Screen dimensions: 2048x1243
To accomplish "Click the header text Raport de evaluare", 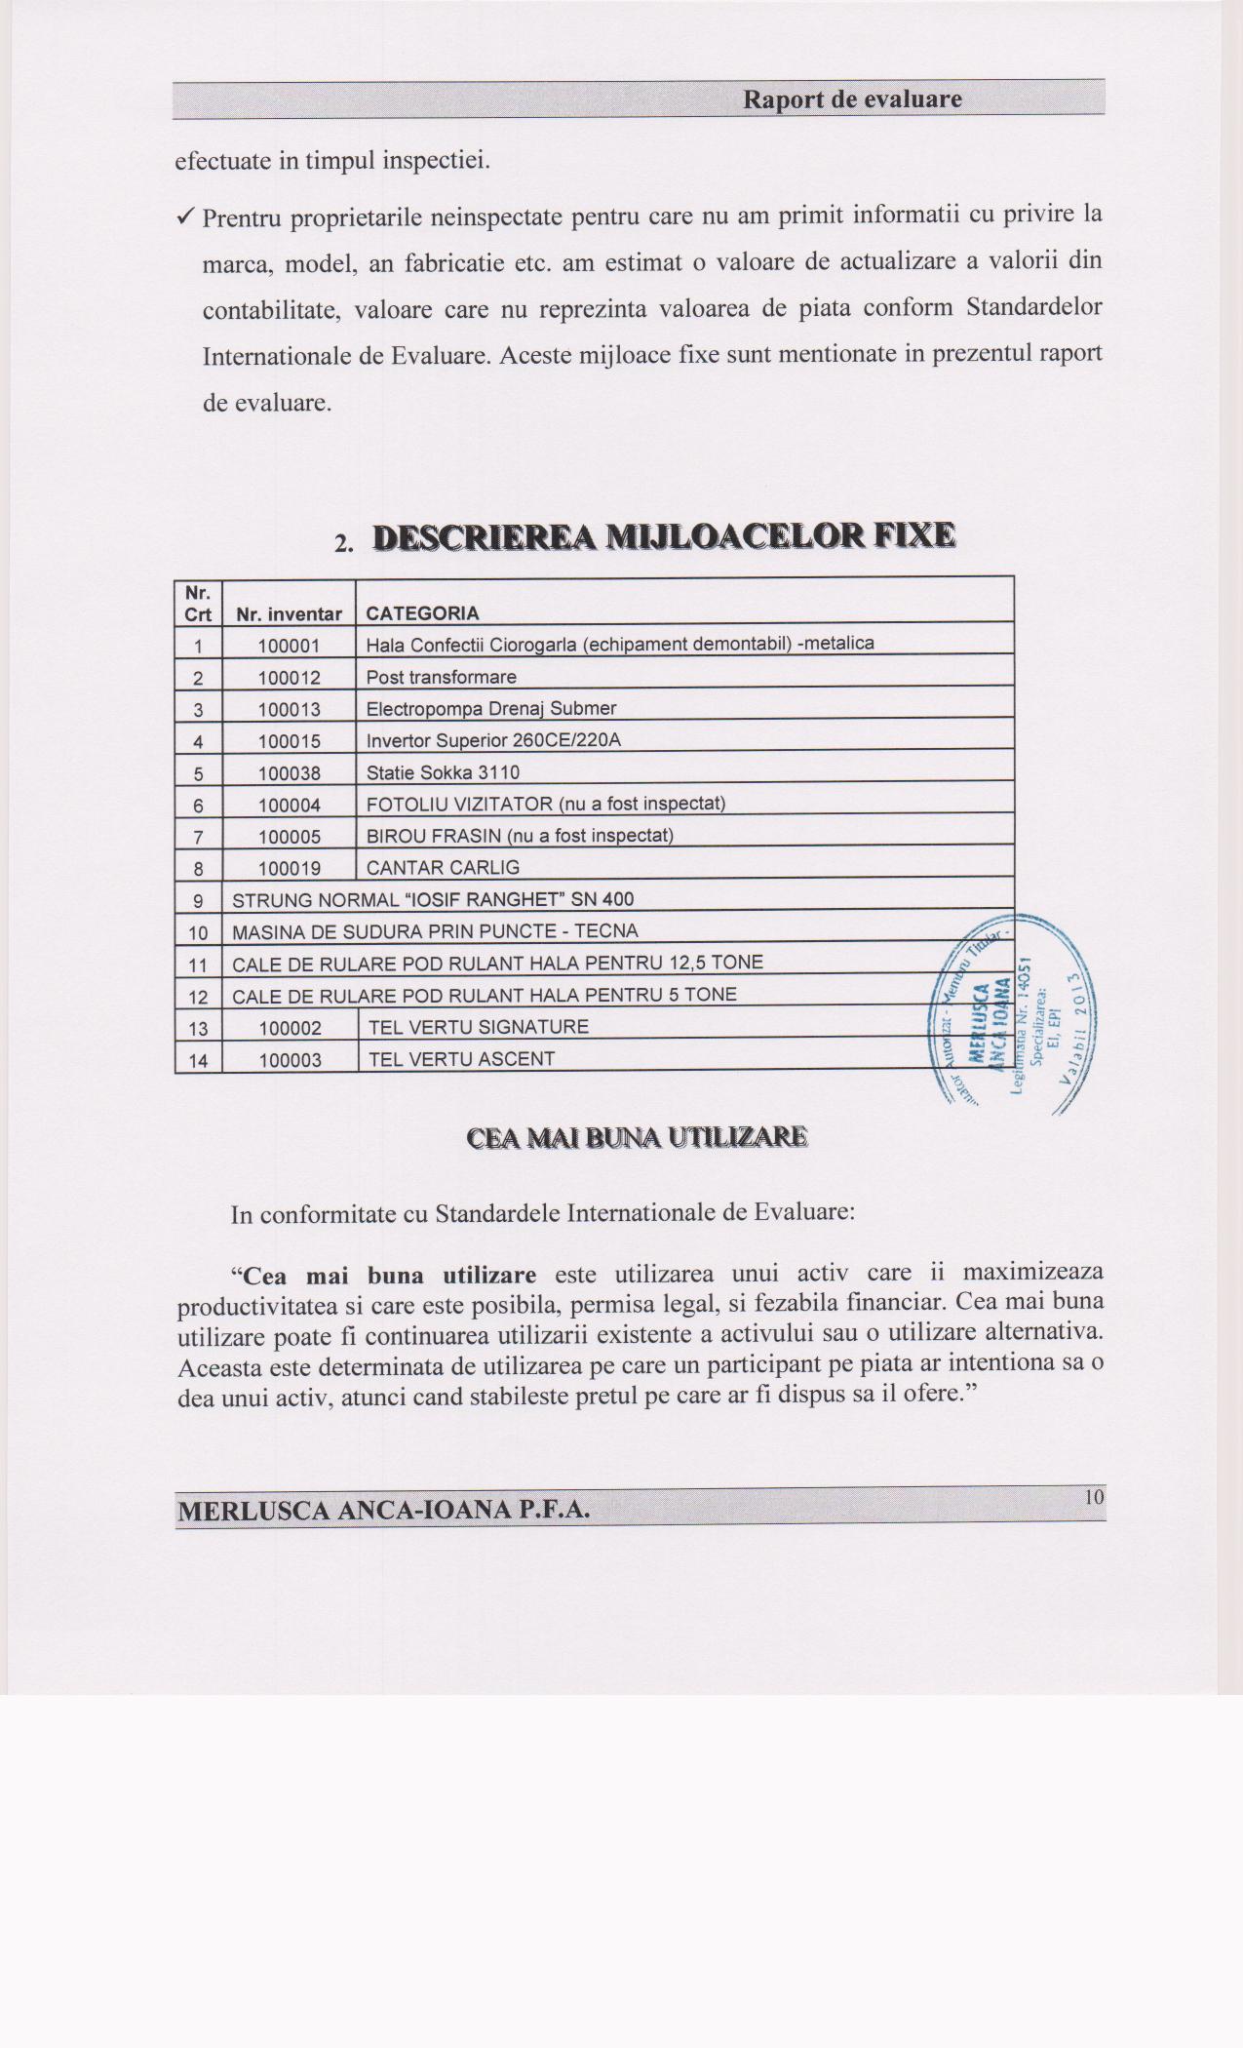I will [x=852, y=99].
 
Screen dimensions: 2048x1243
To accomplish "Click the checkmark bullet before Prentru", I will [x=186, y=217].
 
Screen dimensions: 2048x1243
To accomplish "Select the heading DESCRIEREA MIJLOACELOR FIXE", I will [x=664, y=537].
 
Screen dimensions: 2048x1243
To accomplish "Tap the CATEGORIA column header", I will [x=422, y=613].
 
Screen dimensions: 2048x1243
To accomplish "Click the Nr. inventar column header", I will [x=289, y=614].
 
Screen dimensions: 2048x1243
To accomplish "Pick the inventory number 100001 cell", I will [x=289, y=646].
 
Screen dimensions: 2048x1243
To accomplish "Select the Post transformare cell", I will [x=441, y=677].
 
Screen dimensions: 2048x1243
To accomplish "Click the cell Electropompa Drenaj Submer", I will [x=490, y=708].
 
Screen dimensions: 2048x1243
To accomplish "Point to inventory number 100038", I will [x=289, y=773].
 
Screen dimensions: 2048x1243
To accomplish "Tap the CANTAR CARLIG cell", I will [x=443, y=867].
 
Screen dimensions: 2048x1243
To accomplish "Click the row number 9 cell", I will [x=198, y=900].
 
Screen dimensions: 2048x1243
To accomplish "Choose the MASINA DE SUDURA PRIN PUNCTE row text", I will [x=435, y=931].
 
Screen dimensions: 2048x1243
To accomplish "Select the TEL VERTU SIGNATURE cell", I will [x=479, y=1027].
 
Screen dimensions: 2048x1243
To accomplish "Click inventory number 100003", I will [x=290, y=1060].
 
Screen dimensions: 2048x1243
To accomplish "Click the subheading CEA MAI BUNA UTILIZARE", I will [x=637, y=1138].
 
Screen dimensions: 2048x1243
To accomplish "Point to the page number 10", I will [x=1094, y=1497].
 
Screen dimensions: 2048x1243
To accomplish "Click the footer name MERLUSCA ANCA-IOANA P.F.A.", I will [x=383, y=1511].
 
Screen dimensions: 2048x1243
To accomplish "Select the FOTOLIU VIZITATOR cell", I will [x=545, y=804].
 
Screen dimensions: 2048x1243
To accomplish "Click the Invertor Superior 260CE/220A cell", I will [x=493, y=740].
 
